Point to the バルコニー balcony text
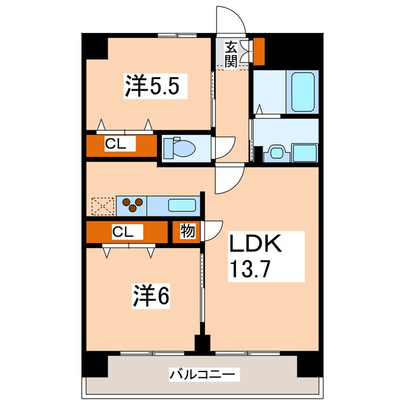click(204, 375)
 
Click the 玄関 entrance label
click(231, 53)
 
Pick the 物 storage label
click(188, 231)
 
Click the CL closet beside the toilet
click(120, 144)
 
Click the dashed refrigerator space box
click(101, 206)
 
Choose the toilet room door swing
click(224, 149)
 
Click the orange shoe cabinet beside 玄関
click(259, 51)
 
